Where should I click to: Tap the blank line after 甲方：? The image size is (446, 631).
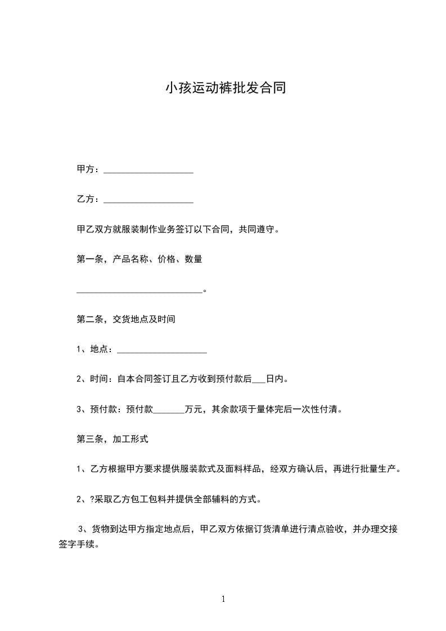click(x=148, y=170)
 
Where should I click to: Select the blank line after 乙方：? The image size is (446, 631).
click(x=148, y=200)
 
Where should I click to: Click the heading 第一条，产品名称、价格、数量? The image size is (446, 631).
click(x=139, y=260)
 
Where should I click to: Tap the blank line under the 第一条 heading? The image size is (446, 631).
click(x=139, y=291)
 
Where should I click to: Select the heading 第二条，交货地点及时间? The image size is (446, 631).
click(x=126, y=319)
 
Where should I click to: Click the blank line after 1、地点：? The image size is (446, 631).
click(x=162, y=350)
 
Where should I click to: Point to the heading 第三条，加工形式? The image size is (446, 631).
click(x=112, y=439)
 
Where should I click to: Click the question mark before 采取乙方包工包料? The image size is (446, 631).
click(x=92, y=499)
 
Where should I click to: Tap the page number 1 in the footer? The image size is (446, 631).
click(x=223, y=599)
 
